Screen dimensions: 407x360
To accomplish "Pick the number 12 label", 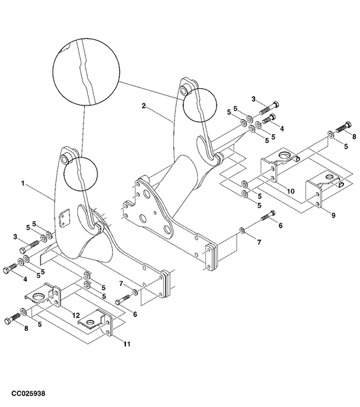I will pyautogui.click(x=75, y=314).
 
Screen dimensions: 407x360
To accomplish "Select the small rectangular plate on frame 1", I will pyautogui.click(x=65, y=218).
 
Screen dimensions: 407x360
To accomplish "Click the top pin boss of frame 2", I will pyautogui.click(x=187, y=84).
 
